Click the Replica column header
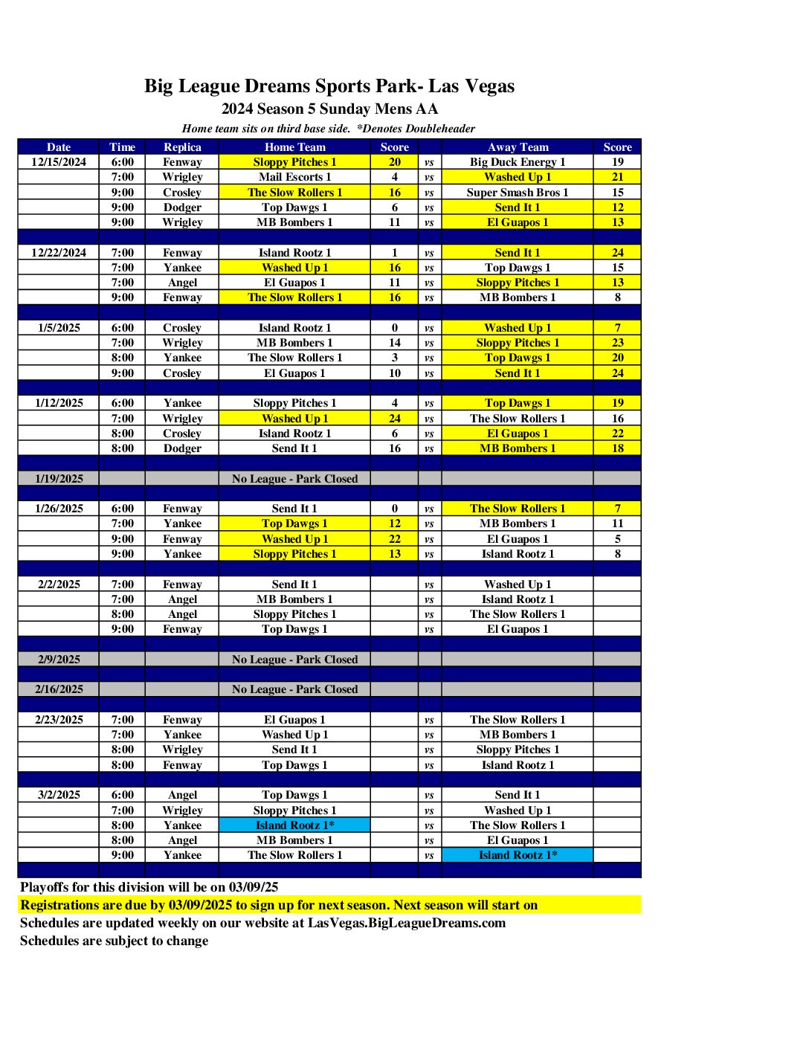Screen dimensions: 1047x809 point(182,147)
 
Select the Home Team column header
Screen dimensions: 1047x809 point(294,147)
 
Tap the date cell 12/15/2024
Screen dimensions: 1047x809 point(59,162)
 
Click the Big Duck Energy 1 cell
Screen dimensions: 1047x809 point(518,162)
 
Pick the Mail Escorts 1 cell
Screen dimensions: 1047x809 point(294,177)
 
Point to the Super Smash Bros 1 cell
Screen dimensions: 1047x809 point(518,193)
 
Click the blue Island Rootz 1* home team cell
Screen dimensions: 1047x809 point(294,825)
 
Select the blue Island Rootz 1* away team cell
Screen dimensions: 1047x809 point(518,855)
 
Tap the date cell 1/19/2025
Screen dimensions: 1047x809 point(59,479)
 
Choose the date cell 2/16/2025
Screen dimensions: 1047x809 point(59,689)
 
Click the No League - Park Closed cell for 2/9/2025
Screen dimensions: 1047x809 point(294,660)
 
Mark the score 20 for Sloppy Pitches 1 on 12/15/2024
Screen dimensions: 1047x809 point(394,162)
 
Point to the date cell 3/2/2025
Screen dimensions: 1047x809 point(59,795)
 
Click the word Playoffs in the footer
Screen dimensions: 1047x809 point(45,887)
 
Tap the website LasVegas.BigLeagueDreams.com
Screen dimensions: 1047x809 point(407,923)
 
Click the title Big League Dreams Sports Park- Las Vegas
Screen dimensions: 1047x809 point(329,86)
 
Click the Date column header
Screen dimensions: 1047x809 point(59,147)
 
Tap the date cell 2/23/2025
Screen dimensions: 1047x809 point(59,720)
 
